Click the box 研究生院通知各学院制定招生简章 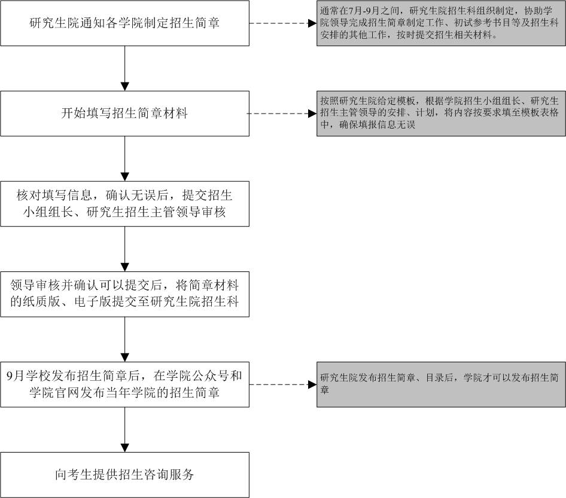pos(124,23)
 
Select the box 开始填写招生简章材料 pos(124,114)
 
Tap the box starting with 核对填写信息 pos(124,204)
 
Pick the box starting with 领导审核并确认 pos(124,294)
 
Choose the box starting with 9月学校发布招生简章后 pos(124,384)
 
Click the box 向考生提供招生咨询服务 pos(124,475)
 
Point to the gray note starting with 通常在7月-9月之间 pos(441,23)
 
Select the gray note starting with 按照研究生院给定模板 pos(441,114)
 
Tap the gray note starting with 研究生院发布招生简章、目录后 pos(441,384)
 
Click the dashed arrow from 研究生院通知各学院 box pos(283,23)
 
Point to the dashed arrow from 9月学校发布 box pos(283,384)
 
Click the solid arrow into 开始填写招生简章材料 pos(124,68)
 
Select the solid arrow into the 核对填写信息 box pos(124,158)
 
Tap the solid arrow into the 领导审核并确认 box pos(124,249)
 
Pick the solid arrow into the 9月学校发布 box pos(124,340)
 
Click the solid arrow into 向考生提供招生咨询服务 pos(124,430)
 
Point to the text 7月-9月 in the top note pos(365,11)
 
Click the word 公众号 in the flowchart pos(210,376)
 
